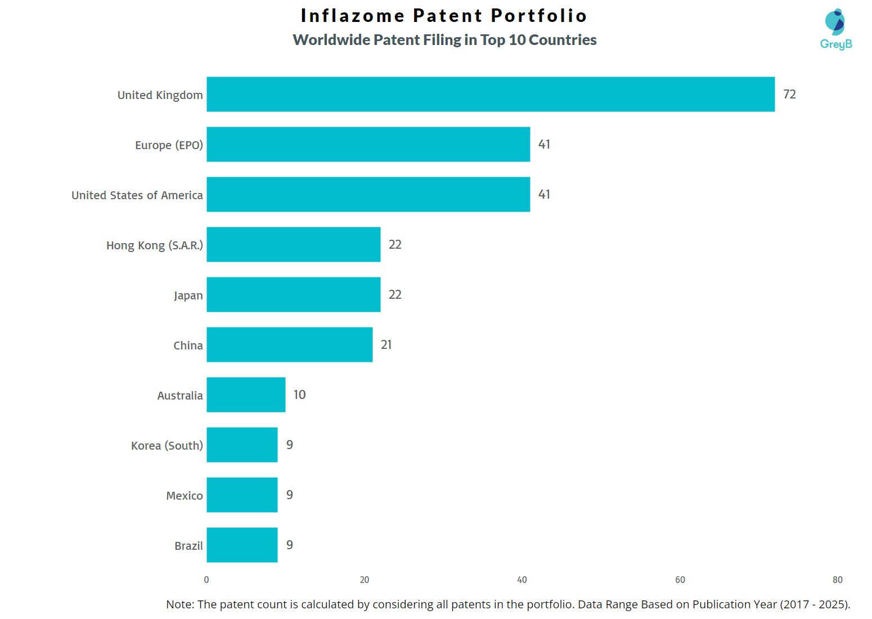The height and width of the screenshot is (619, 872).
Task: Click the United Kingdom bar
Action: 491,94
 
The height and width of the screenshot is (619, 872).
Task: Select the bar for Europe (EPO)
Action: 368,144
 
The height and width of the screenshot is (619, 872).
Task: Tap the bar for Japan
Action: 293,294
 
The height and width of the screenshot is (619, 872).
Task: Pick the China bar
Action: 289,344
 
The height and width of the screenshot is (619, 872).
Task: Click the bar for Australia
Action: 246,394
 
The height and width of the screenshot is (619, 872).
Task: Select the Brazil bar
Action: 242,545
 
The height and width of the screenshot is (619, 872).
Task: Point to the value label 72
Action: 789,94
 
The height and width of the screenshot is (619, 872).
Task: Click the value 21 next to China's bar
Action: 386,344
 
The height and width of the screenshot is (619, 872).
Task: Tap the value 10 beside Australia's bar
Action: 299,394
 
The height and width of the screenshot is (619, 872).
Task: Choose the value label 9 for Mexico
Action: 289,495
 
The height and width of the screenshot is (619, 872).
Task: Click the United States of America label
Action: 137,195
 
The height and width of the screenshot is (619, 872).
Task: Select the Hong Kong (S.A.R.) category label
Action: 154,245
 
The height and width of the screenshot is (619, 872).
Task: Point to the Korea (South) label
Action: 167,446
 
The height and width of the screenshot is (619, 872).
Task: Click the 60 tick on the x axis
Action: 680,580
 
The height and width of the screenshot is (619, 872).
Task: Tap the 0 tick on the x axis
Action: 206,580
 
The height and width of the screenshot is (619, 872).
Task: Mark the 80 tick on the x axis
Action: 837,580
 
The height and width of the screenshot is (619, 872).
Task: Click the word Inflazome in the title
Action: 352,16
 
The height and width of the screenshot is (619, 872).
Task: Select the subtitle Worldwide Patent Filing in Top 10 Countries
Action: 444,40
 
